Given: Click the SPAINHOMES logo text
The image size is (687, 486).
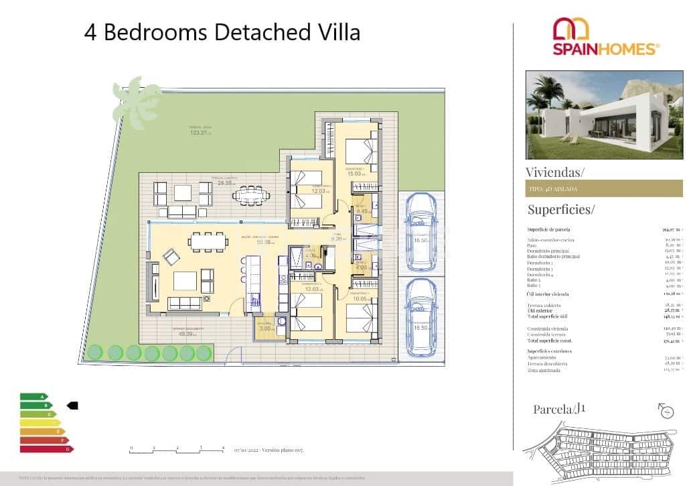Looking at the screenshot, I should [x=606, y=48].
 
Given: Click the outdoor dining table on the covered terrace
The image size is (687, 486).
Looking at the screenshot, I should [x=251, y=196].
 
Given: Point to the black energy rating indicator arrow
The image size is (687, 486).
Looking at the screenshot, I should [x=73, y=405].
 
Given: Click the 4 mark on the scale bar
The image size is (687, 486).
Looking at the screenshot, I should [x=222, y=447].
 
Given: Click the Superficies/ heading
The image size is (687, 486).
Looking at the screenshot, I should [x=560, y=209].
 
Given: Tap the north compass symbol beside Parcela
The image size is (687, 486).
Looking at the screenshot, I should [x=666, y=410].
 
